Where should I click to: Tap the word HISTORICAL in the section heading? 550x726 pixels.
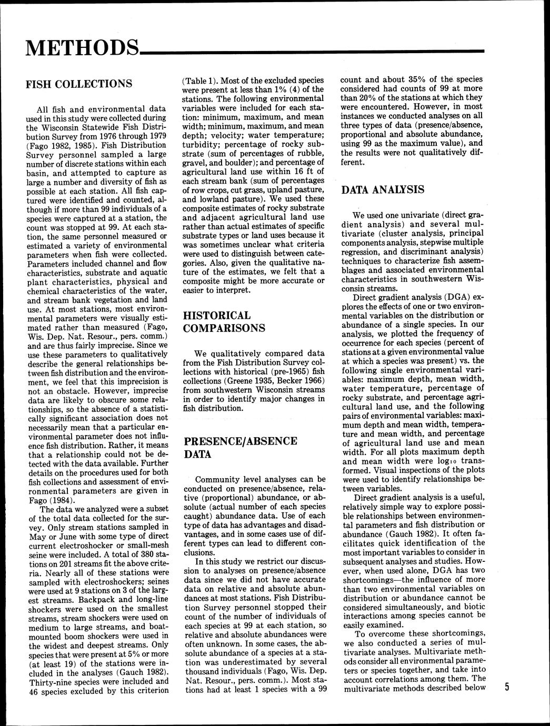coord(216,316)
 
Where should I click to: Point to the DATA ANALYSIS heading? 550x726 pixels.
coord(383,190)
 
